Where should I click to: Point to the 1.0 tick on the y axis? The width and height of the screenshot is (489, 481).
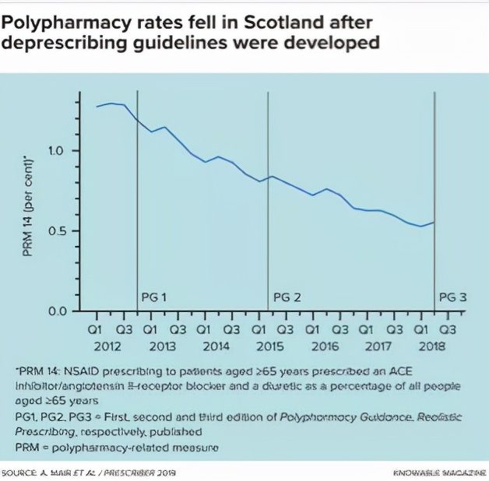coord(63,150)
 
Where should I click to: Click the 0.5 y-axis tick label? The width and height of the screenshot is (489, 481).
coord(63,231)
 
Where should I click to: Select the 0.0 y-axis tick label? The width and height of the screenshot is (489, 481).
coord(63,311)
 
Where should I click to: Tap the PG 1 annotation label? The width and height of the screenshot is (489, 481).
coord(154,297)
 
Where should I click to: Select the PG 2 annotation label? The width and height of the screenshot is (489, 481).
coord(286,297)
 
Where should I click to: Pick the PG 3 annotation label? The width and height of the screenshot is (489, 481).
coord(453,297)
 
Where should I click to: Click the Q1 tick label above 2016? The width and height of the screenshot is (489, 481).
coord(313,330)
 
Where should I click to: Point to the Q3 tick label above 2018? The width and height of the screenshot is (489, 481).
coord(449,330)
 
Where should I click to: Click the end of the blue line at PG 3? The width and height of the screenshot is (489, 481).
coord(434,223)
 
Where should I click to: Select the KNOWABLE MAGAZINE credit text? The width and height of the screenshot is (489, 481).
coord(440,472)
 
